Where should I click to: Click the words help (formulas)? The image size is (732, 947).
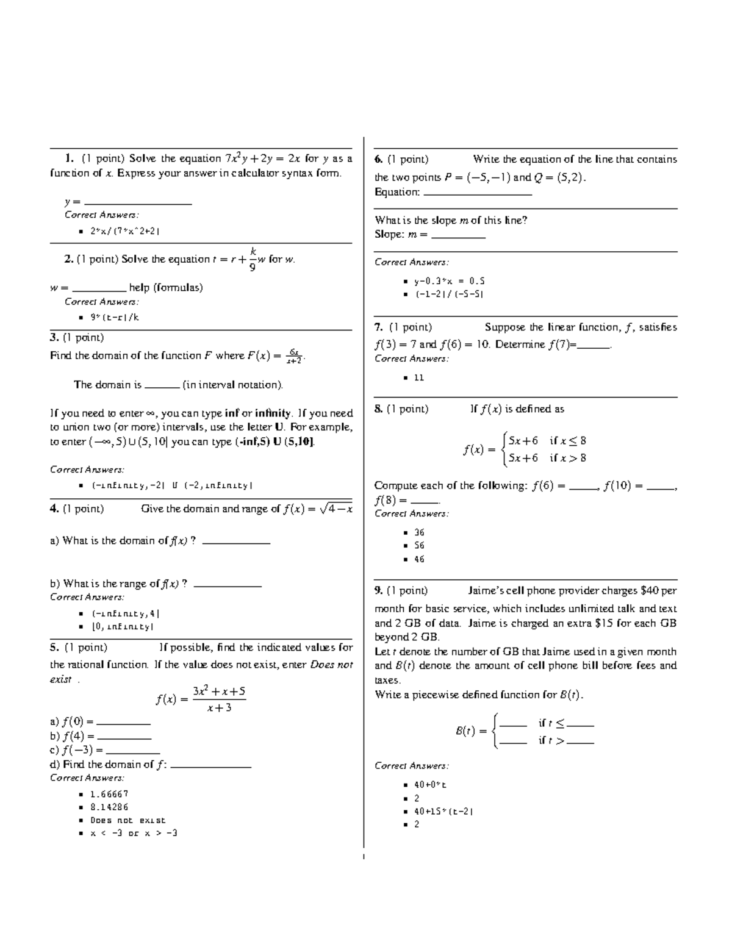166,288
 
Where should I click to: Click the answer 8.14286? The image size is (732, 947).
109,807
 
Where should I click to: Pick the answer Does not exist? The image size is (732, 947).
127,820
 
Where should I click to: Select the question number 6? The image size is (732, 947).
379,159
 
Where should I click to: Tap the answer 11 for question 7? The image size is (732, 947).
418,377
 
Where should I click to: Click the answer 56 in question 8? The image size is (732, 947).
419,546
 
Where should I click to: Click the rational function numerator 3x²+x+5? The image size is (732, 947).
219,691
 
